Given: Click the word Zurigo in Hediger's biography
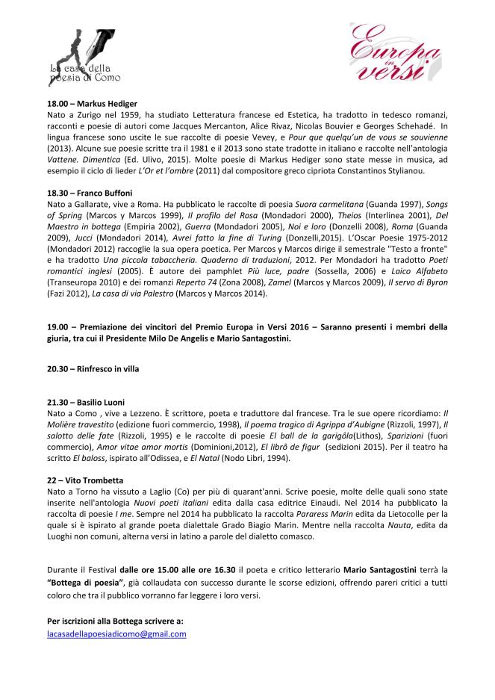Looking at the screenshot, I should pyautogui.click(x=94, y=115).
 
